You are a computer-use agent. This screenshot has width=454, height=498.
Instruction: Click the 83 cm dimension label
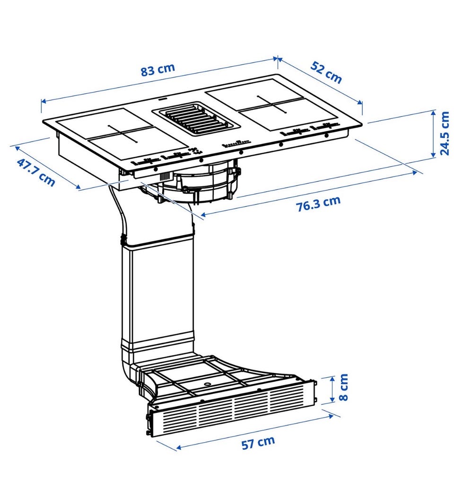coord(157,70)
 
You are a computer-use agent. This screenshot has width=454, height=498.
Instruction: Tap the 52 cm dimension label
coord(326,73)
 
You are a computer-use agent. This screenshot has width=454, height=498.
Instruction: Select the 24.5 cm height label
coord(445,133)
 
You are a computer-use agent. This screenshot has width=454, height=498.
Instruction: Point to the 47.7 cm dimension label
coord(36,172)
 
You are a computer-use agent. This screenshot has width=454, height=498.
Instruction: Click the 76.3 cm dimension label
coord(318,204)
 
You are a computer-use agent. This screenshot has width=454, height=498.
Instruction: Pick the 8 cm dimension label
coord(344,388)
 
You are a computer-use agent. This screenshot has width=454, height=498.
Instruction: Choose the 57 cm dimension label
coord(258,443)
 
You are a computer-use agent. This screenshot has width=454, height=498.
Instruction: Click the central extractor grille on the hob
coord(195,118)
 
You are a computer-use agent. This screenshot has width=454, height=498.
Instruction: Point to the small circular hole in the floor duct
coord(208,384)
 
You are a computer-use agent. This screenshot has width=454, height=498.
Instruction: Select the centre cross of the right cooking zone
coord(272,104)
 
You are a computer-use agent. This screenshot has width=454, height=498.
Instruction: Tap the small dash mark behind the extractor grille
coord(162,99)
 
